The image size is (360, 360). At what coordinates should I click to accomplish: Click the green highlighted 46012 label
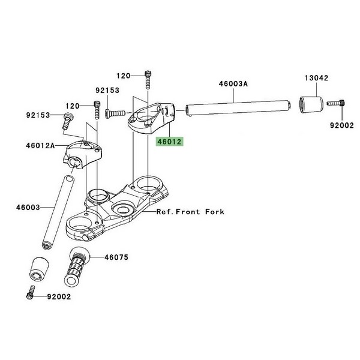point(169,143)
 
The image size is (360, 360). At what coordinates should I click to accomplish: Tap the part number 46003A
point(233,85)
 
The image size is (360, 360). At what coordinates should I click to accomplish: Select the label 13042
point(316,77)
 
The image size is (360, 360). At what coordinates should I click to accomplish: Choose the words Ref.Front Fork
point(190,212)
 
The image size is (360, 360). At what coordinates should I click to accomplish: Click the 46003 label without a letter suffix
point(28,208)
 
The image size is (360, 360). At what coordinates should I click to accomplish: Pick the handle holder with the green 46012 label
point(150,117)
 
